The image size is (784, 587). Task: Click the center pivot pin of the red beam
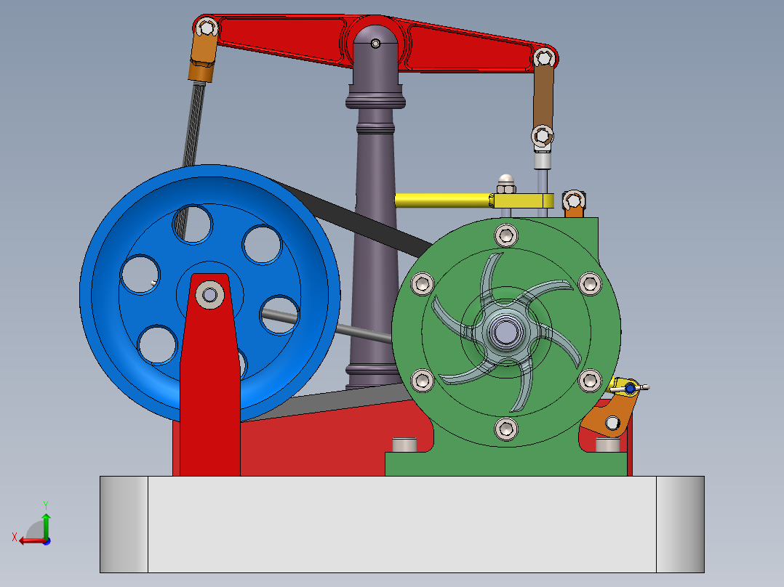(x=375, y=44)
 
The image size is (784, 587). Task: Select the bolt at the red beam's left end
(x=207, y=28)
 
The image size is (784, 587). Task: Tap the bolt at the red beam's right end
(x=543, y=57)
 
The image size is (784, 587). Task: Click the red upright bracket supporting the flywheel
(x=211, y=392)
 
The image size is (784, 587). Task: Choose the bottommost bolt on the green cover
(x=506, y=429)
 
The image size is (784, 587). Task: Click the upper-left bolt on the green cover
(x=422, y=283)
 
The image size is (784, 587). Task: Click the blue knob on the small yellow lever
(x=629, y=389)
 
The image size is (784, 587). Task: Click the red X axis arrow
(x=28, y=540)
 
